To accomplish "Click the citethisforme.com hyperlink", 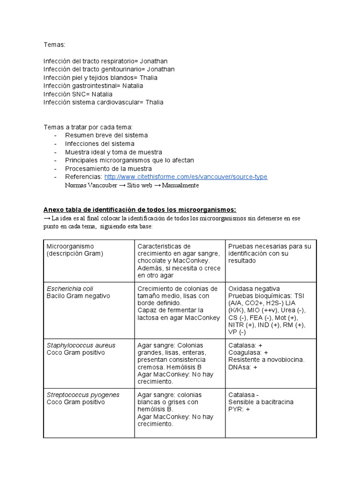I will click(186, 177).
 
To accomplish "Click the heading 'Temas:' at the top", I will click(54, 44).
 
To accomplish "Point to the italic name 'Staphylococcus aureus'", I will click(81, 345).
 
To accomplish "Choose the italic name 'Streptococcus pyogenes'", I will click(83, 395).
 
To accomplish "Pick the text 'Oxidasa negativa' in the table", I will click(254, 289).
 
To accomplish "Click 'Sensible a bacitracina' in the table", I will click(261, 402).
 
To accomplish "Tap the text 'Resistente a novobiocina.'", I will click(266, 360).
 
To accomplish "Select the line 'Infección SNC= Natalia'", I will click(78, 94).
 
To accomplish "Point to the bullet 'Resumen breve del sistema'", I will click(106, 135).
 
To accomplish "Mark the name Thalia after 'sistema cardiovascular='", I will click(154, 102).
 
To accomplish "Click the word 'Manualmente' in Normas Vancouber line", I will click(180, 185).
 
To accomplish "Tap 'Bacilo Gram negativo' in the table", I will click(78, 296).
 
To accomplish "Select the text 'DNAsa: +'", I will click(243, 367).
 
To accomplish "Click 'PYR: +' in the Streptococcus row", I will click(239, 409).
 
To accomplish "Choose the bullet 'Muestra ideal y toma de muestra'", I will click(113, 152).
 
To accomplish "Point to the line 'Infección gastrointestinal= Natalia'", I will click(93, 86).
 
